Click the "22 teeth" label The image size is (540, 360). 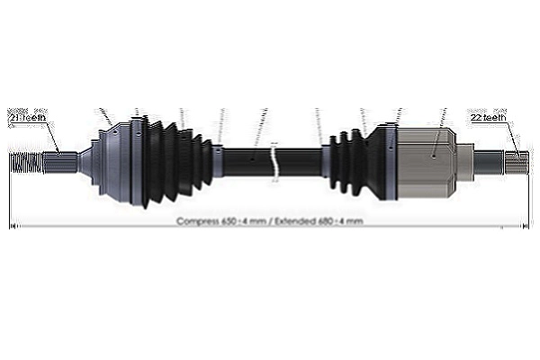tap(489, 118)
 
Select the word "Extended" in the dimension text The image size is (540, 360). tap(298, 220)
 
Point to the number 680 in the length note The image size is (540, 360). tap(331, 220)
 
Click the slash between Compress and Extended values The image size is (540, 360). tap(269, 220)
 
